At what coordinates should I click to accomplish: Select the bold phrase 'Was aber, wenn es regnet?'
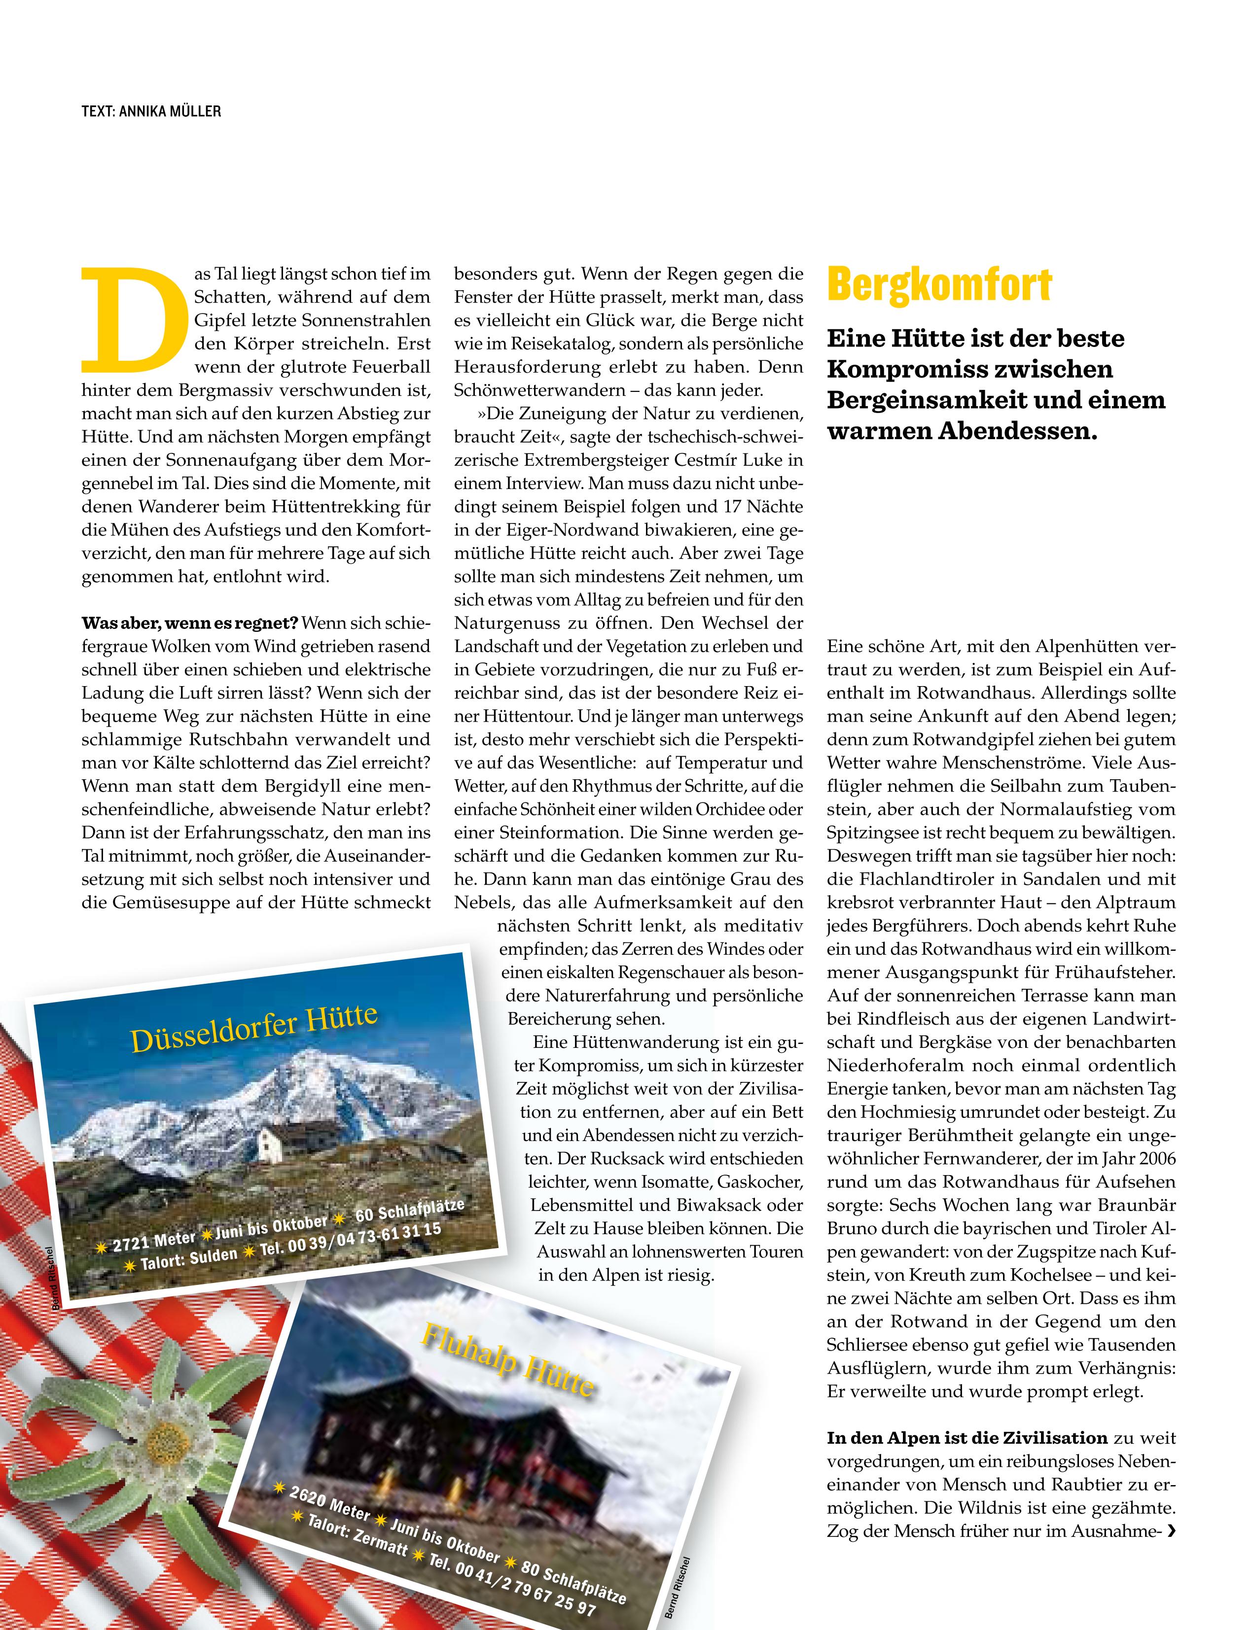[x=190, y=623]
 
